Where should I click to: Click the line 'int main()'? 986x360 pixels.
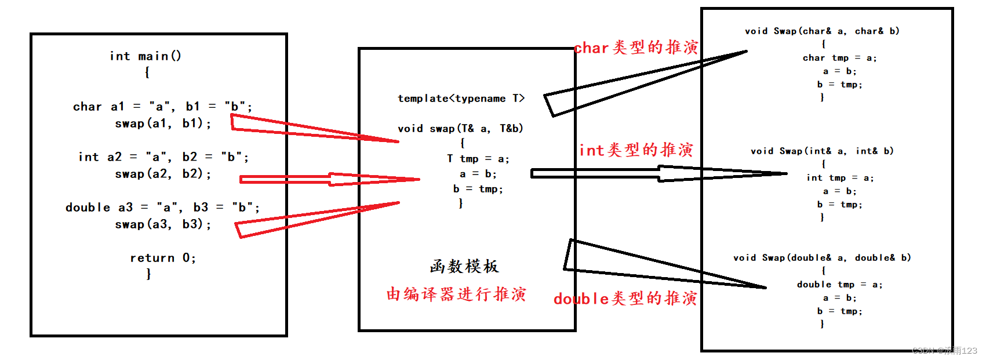coord(145,56)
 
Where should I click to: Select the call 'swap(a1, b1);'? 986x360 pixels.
coord(163,123)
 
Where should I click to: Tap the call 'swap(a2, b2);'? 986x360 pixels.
coord(163,174)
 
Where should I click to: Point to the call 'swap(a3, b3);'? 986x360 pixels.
coord(163,224)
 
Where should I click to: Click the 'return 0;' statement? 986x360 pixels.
coord(163,258)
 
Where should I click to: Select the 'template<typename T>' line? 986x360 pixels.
coord(461,99)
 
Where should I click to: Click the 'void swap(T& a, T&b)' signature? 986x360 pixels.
coord(460,129)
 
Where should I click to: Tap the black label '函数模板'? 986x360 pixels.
coord(464,266)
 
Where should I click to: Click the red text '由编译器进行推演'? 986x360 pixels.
coord(456,294)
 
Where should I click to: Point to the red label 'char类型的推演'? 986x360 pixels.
coord(636,48)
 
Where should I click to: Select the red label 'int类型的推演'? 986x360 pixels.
coord(636,150)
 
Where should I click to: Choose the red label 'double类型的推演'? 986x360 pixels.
coord(625,299)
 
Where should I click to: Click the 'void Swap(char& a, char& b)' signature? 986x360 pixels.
coord(822,31)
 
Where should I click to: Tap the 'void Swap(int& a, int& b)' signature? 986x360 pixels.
coord(822,151)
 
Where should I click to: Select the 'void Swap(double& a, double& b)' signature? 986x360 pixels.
coord(822,258)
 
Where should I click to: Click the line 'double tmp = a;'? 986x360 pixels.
coord(839,285)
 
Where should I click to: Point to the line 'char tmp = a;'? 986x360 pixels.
coord(839,58)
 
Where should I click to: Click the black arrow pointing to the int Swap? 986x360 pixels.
coord(661,173)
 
